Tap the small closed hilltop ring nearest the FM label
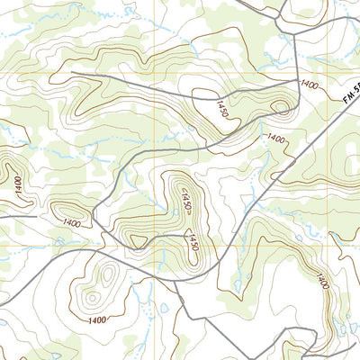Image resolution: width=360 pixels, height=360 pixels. click(281, 109)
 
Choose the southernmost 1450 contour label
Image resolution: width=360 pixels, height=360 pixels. click(192, 242)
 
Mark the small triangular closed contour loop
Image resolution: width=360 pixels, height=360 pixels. click(137, 240)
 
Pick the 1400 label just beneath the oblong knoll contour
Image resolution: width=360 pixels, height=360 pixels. click(72, 223)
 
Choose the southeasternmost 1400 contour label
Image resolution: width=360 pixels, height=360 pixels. click(322, 280)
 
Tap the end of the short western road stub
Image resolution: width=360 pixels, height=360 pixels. click(36, 216)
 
